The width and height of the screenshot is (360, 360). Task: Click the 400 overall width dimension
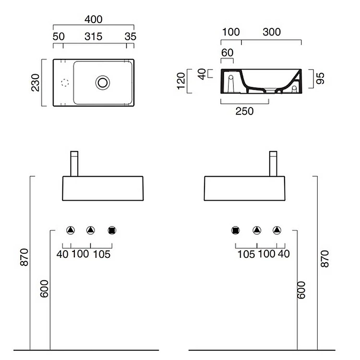point(94,19)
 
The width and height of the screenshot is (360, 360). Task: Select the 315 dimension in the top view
point(95,36)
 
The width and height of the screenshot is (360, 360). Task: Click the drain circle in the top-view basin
point(102,82)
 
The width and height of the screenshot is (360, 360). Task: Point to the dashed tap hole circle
point(66,83)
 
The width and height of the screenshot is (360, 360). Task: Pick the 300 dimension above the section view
point(272,32)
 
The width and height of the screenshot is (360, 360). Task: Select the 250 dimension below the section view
point(244,111)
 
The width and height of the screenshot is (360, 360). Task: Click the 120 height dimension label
point(181,82)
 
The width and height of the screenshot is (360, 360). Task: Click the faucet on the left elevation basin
point(74,164)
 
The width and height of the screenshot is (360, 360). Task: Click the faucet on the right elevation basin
point(274,164)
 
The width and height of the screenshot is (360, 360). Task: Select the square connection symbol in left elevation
point(112,230)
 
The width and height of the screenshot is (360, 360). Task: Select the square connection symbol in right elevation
point(236,230)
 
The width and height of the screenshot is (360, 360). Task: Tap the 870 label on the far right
point(324,258)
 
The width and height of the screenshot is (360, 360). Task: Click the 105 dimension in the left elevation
point(101,254)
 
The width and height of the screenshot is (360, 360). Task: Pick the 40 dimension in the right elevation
point(284,254)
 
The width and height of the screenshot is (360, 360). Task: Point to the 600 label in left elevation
point(44,288)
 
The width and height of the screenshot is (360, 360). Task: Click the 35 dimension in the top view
point(130,36)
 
